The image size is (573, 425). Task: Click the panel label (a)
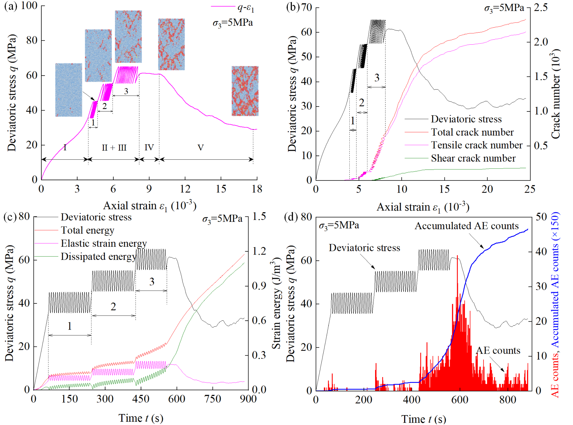pyautogui.click(x=10, y=6)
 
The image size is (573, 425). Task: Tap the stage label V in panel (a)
pyautogui.click(x=201, y=148)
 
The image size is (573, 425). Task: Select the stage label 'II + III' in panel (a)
pyautogui.click(x=114, y=148)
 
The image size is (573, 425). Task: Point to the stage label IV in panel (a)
pyautogui.click(x=149, y=147)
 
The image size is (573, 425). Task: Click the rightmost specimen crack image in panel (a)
pyautogui.click(x=245, y=91)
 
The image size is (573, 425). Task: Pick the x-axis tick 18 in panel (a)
pyautogui.click(x=257, y=189)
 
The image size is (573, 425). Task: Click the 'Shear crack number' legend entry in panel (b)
pyautogui.click(x=473, y=158)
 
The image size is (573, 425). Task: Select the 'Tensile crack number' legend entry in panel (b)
pyautogui.click(x=476, y=145)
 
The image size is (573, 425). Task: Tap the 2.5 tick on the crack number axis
pyautogui.click(x=541, y=8)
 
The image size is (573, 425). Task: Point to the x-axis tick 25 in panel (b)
pyautogui.click(x=530, y=189)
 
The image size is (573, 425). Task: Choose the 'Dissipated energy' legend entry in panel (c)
pyautogui.click(x=98, y=256)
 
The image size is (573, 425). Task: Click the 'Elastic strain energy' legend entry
pyautogui.click(x=103, y=243)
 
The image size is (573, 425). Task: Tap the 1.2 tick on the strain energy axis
pyautogui.click(x=259, y=251)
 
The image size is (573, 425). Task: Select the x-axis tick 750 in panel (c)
pyautogui.click(x=213, y=399)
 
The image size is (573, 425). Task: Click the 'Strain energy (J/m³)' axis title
pyautogui.click(x=276, y=305)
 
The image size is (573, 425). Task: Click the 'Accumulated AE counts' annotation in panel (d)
pyautogui.click(x=466, y=226)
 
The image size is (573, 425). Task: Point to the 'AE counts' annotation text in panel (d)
pyautogui.click(x=498, y=351)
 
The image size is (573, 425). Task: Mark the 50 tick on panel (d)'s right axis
pyautogui.click(x=541, y=217)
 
